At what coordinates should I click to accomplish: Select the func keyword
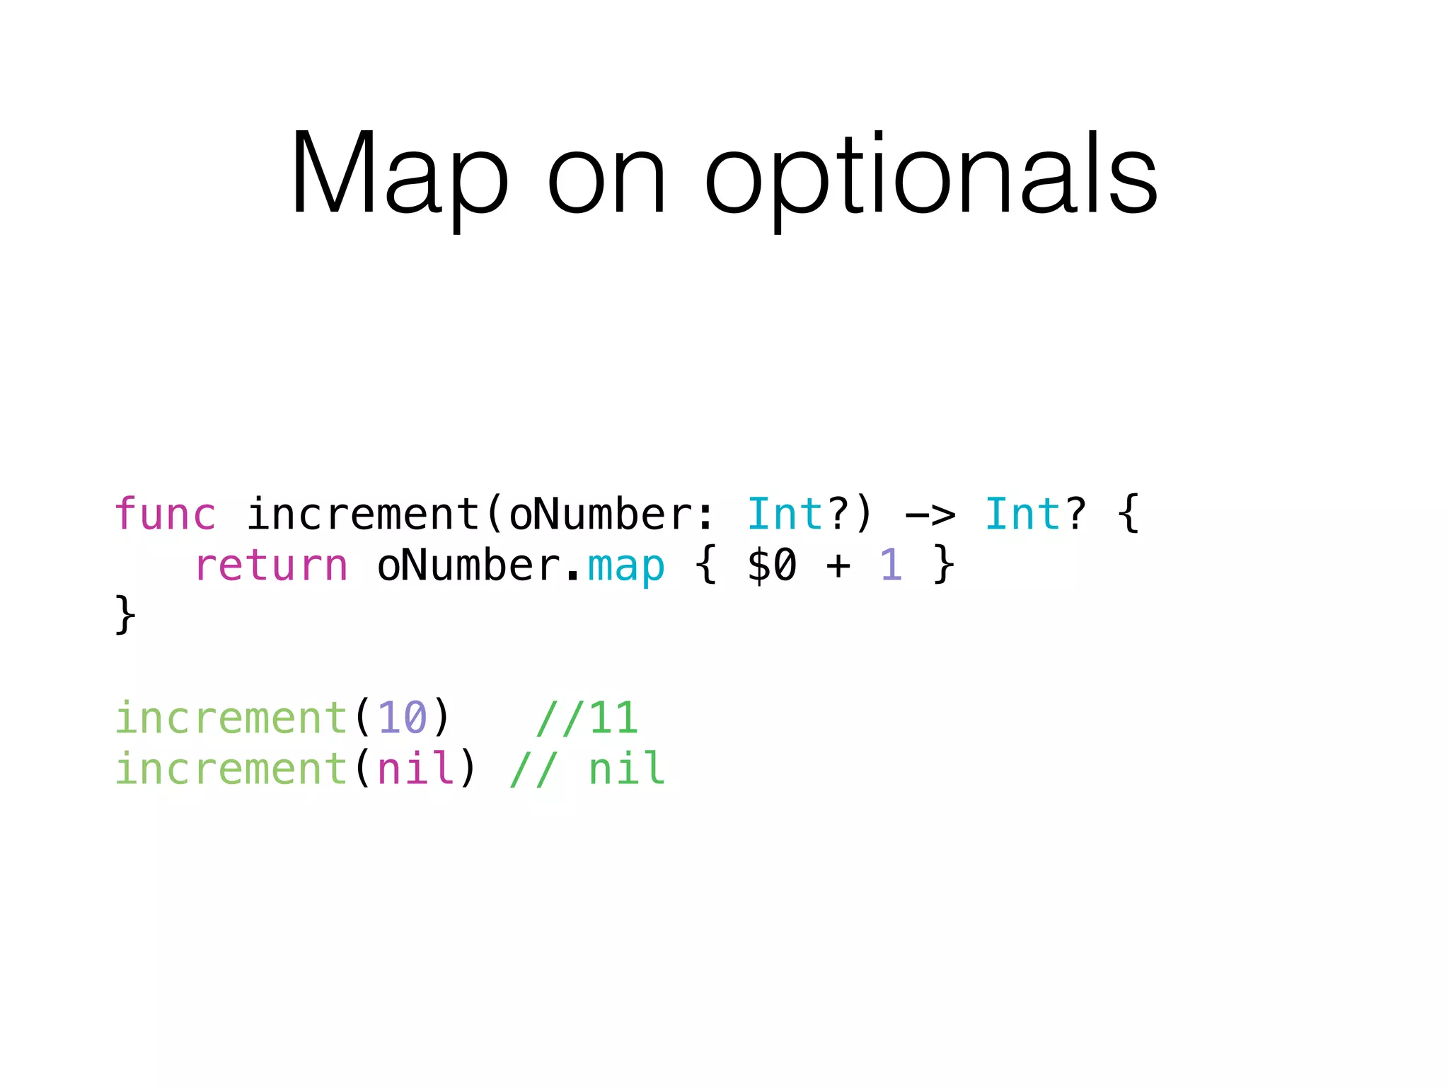pos(165,514)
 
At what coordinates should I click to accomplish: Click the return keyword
pos(271,565)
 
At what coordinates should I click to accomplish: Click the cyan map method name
pos(626,567)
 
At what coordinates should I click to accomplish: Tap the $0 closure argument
pos(772,566)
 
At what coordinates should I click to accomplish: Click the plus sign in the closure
pos(838,566)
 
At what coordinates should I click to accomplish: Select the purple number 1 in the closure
pos(891,565)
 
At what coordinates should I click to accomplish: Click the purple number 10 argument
pos(403,718)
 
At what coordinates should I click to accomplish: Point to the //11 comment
pos(587,718)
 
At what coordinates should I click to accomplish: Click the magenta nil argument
pos(416,769)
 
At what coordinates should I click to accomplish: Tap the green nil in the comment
pos(627,769)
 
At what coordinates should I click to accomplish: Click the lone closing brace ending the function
pos(125,614)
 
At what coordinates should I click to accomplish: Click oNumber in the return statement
pos(469,565)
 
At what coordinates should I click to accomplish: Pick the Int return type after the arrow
pos(1023,514)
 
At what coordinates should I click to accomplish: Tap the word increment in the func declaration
pos(363,514)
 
